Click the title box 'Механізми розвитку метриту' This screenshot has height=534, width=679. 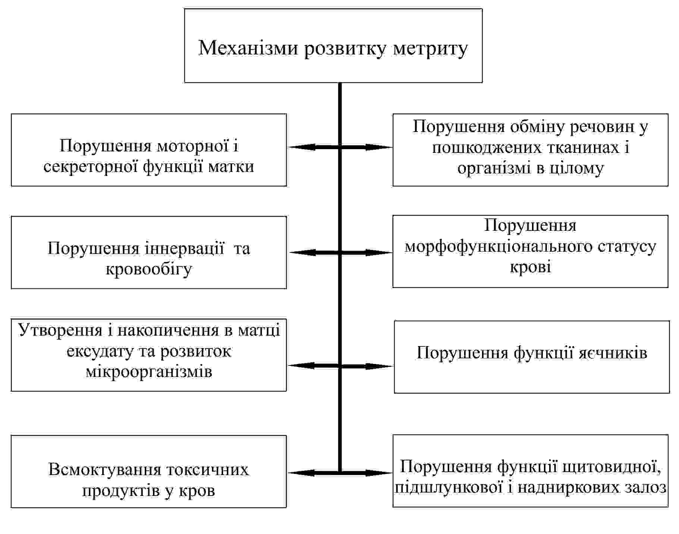(333, 45)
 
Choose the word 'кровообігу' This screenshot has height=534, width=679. (149, 269)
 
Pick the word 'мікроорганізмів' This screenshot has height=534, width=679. (149, 372)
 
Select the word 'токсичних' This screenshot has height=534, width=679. (207, 470)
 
